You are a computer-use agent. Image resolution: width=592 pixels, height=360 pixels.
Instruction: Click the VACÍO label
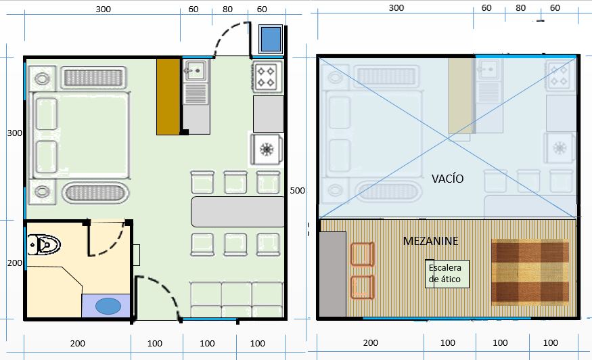(x=447, y=179)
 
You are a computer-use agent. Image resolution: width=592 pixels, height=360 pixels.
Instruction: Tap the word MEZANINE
(x=430, y=240)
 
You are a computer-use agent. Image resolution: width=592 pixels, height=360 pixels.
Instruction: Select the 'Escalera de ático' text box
(x=447, y=273)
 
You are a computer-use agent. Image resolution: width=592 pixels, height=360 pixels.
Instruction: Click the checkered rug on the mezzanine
(x=530, y=271)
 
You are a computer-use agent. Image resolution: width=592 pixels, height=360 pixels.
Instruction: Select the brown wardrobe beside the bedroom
(x=168, y=96)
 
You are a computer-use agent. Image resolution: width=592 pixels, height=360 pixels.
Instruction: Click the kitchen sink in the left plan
(x=196, y=69)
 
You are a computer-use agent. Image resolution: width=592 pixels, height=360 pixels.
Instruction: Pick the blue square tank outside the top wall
(x=271, y=39)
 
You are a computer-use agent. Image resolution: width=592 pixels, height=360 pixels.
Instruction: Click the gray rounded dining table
(x=237, y=212)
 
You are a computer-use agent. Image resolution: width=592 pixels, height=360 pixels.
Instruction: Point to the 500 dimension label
(x=297, y=191)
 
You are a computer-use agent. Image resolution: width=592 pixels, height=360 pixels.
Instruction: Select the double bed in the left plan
(x=81, y=135)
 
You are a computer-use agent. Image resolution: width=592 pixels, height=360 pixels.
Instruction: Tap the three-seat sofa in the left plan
(x=235, y=298)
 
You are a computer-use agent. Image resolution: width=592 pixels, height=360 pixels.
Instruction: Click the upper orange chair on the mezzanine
(x=362, y=255)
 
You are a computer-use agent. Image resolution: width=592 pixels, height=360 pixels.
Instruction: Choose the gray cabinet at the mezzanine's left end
(x=332, y=274)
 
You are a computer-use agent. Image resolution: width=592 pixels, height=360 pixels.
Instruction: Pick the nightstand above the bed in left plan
(x=43, y=78)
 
